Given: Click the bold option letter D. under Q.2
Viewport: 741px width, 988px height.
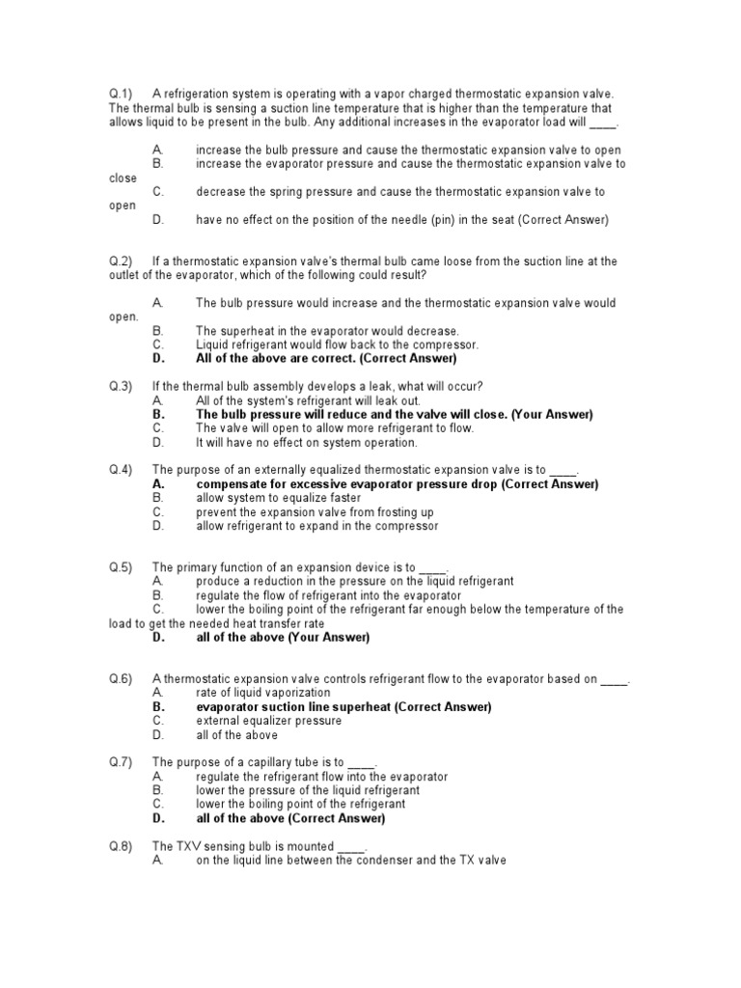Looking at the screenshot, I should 159,358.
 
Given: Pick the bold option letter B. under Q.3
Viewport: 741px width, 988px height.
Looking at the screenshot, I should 159,414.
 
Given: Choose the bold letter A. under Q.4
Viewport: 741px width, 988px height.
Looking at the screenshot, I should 159,484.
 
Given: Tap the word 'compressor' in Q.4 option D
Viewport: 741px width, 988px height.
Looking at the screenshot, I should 406,526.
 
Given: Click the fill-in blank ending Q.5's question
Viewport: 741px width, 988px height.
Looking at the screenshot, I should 433,567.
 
